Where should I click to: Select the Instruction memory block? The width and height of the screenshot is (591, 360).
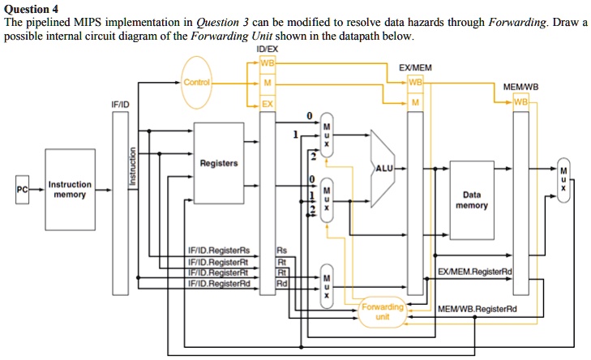tap(71, 189)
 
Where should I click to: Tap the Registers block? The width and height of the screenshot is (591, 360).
tap(219, 163)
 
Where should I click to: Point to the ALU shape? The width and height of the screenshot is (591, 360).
tap(383, 167)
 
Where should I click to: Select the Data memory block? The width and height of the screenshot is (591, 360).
tap(472, 199)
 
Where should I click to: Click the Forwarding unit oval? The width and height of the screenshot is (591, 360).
tap(383, 312)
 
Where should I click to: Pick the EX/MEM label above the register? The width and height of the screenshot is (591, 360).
tap(414, 69)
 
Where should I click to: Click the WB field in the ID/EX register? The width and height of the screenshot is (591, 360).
tap(267, 62)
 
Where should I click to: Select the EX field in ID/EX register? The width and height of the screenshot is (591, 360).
tap(267, 104)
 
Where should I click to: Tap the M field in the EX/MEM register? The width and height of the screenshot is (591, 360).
tap(415, 102)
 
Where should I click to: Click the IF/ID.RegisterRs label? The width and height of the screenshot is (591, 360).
tap(219, 251)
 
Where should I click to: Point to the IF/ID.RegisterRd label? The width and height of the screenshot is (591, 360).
tap(219, 283)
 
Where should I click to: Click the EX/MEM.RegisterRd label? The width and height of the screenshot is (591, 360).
tap(475, 271)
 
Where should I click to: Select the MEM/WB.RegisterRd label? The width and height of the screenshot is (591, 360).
tap(477, 308)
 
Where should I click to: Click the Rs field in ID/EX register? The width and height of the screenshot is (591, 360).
tap(281, 251)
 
